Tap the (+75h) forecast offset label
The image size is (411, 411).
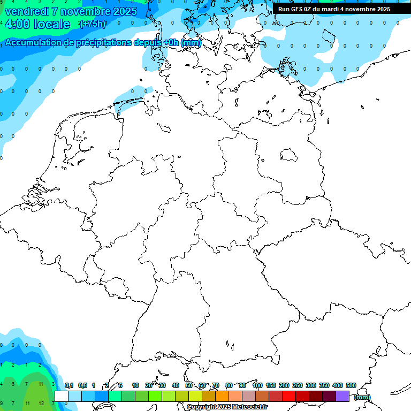click(x=93, y=24)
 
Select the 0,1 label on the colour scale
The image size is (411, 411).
click(x=69, y=385)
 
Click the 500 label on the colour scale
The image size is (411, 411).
click(x=351, y=385)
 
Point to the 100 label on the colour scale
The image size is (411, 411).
click(x=257, y=385)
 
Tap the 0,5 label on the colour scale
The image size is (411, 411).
click(x=82, y=385)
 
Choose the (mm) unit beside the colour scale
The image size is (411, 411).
click(x=362, y=397)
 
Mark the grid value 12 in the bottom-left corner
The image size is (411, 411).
click(x=42, y=403)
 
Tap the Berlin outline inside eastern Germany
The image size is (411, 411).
click(x=289, y=155)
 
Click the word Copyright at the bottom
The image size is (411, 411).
click(x=202, y=407)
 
